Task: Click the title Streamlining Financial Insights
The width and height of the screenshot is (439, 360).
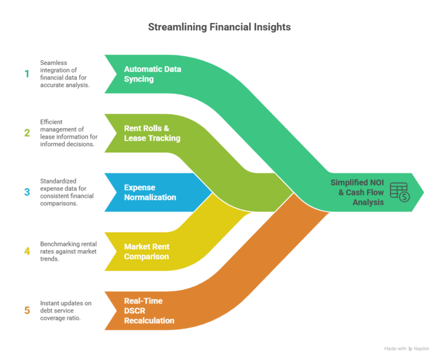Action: (219, 28)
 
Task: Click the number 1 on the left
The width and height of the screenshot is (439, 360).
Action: (27, 74)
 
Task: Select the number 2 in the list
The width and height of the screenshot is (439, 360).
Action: (27, 133)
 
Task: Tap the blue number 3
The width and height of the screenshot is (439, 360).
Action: (27, 192)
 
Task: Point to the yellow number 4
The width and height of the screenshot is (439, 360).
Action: (27, 251)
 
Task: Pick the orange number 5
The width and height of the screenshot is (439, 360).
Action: (27, 311)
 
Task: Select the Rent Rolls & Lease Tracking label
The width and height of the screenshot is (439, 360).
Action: (152, 133)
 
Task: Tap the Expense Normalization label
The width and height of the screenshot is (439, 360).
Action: (150, 192)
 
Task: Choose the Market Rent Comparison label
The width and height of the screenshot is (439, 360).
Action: (147, 251)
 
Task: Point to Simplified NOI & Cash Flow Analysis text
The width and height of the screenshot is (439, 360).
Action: (357, 192)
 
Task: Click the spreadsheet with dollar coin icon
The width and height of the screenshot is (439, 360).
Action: (399, 192)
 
